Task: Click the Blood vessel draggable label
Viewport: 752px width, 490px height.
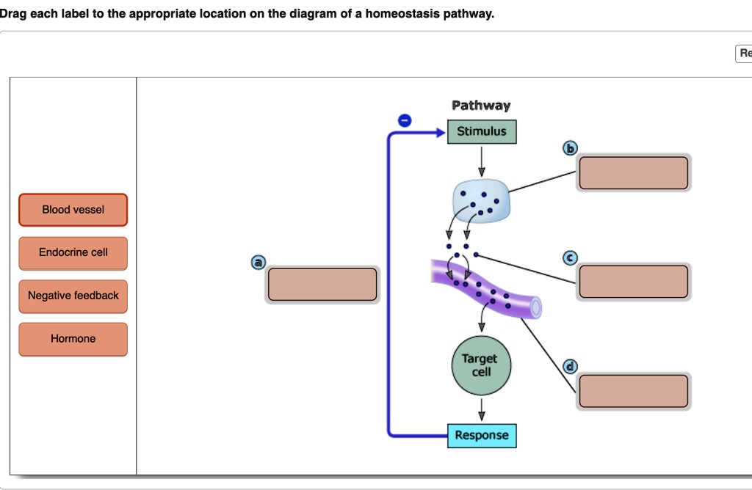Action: point(73,210)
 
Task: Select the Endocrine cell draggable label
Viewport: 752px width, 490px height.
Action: point(73,252)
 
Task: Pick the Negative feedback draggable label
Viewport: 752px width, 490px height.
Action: point(73,296)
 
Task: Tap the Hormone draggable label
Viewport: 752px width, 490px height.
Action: point(73,339)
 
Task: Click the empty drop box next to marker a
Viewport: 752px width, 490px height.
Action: point(322,284)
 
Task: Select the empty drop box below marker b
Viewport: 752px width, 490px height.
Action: point(633,173)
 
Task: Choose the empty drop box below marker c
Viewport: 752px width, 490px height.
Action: point(633,282)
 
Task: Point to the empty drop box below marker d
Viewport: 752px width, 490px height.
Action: point(633,391)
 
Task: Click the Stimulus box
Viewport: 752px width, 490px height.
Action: point(482,132)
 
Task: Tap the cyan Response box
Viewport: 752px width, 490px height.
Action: point(482,436)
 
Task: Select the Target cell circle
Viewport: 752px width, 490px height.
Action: point(482,366)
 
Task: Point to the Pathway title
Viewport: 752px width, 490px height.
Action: point(481,106)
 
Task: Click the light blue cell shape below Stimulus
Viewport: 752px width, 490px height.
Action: point(481,200)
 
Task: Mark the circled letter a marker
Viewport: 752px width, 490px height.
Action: point(258,263)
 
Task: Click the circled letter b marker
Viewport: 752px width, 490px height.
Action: point(569,148)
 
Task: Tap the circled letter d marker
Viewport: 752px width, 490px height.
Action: point(569,367)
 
